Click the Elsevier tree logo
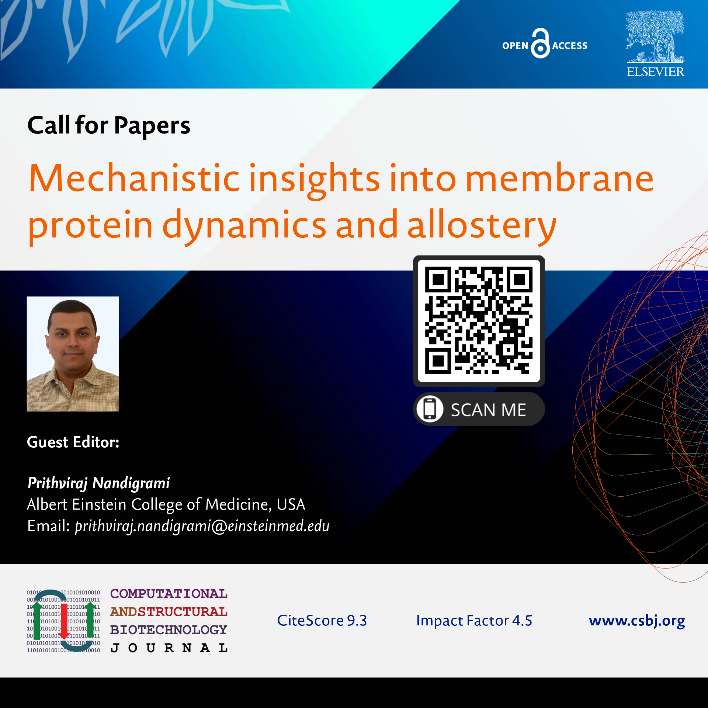(x=655, y=37)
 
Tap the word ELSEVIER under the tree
(x=655, y=72)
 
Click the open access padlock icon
(x=540, y=43)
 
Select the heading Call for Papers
(x=109, y=126)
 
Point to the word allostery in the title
(x=482, y=225)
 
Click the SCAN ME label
(x=488, y=410)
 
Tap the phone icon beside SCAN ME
(x=430, y=409)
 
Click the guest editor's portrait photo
(x=73, y=354)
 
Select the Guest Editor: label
(x=73, y=442)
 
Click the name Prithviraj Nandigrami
(x=99, y=483)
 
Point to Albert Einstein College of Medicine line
(x=166, y=504)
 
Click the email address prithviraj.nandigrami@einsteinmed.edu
(x=202, y=526)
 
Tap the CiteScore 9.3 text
(x=322, y=621)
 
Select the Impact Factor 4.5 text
(x=474, y=621)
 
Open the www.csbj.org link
(x=637, y=621)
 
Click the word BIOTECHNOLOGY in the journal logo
(x=169, y=629)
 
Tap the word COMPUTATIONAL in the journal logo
(x=169, y=594)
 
